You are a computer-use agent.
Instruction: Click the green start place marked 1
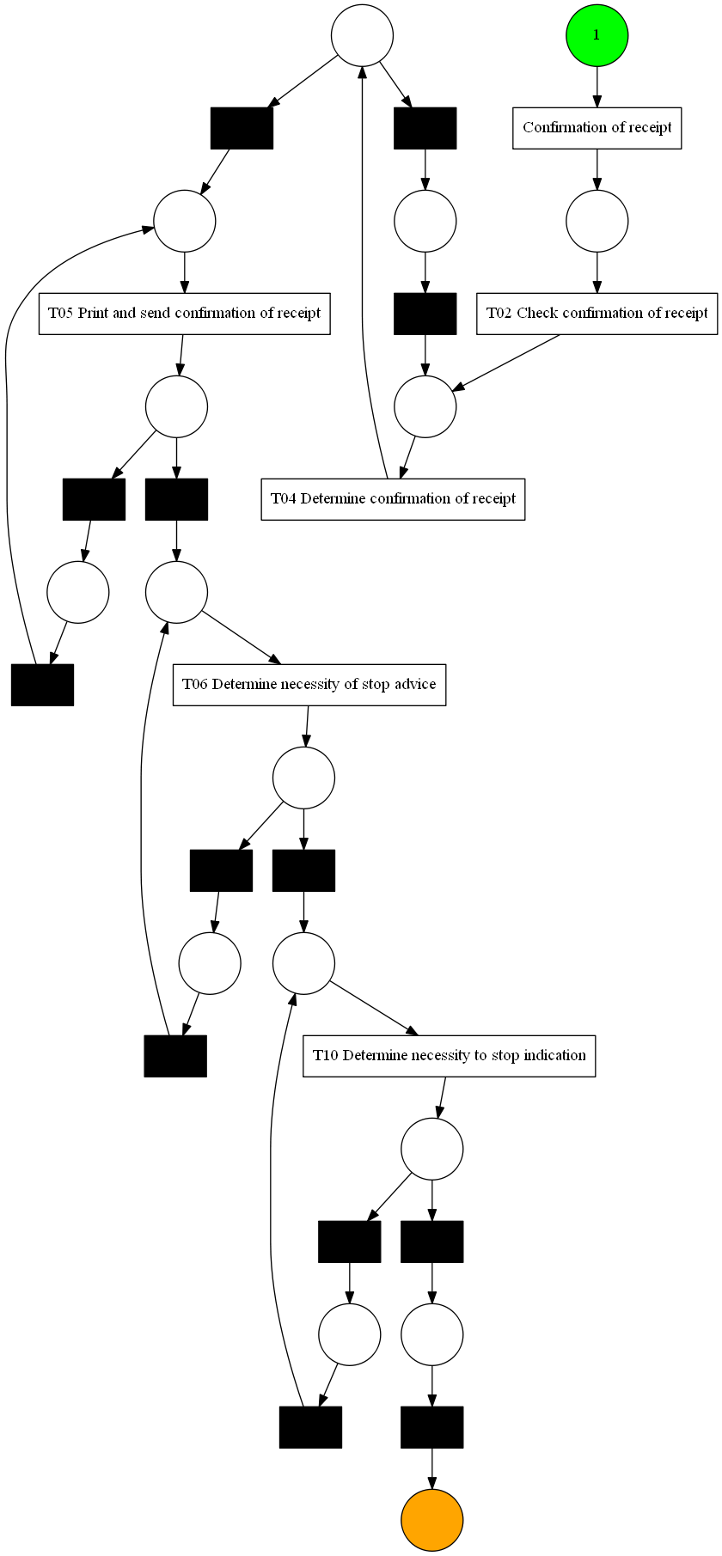(x=597, y=35)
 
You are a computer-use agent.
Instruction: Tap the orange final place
(x=431, y=1520)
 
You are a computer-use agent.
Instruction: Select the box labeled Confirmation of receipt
(x=597, y=128)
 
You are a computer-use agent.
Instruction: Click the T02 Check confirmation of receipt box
(x=597, y=314)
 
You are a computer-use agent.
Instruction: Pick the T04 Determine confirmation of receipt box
(x=393, y=499)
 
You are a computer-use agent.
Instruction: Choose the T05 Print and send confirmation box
(x=184, y=314)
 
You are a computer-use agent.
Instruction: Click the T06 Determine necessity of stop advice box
(x=309, y=685)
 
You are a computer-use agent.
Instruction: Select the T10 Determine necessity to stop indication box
(x=449, y=1056)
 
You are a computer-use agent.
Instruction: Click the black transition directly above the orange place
(x=431, y=1427)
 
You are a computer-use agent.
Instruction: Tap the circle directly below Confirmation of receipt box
(x=597, y=221)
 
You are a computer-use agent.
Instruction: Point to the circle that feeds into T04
(x=425, y=406)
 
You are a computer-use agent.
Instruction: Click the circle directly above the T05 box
(x=184, y=221)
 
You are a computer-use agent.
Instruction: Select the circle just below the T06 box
(x=303, y=778)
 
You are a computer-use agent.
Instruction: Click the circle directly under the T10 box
(x=431, y=1149)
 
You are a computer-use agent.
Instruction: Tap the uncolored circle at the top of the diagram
(x=363, y=35)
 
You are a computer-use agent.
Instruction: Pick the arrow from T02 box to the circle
(x=507, y=362)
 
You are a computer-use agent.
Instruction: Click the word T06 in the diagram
(x=195, y=685)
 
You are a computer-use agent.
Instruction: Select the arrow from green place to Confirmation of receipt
(x=597, y=86)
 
